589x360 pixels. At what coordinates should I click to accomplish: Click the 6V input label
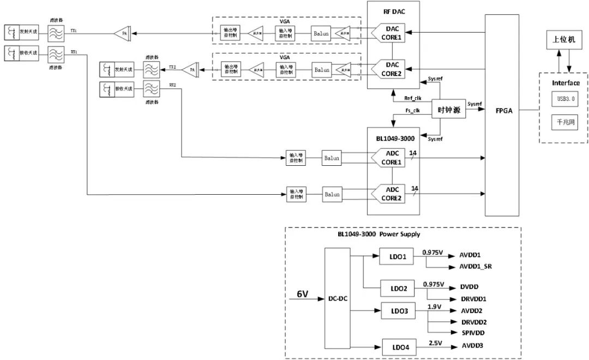(302, 293)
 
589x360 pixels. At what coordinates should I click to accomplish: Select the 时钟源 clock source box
(449, 109)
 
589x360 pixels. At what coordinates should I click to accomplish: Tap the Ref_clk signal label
(412, 98)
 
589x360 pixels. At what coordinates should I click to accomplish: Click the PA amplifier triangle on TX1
(121, 34)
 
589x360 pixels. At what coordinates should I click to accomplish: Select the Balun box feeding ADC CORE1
(332, 158)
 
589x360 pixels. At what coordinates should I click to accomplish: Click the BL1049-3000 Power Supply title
(378, 235)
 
